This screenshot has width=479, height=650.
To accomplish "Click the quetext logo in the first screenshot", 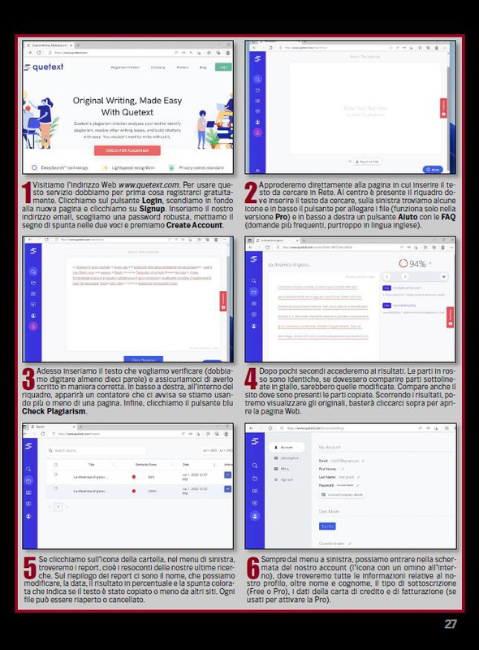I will (41, 67).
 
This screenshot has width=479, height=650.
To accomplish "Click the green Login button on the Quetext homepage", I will (223, 67).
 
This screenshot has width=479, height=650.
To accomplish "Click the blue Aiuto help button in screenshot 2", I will (432, 169).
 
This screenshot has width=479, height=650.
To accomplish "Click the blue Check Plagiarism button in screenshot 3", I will (142, 358).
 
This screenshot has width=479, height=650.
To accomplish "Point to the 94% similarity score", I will (414, 264).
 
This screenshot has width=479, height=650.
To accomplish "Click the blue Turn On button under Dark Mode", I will (327, 526).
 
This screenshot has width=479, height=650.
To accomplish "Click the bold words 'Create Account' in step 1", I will (194, 225).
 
